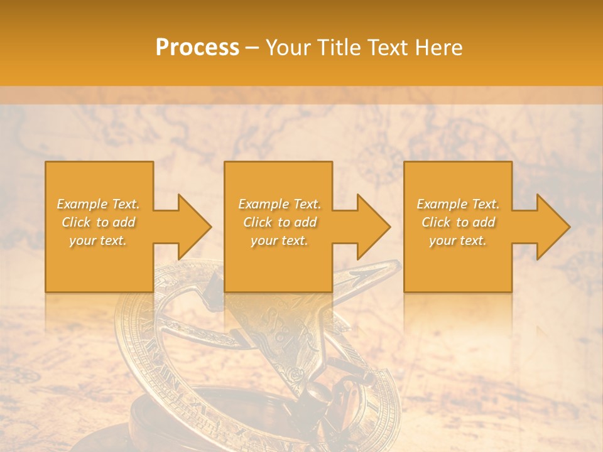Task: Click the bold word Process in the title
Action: click(x=197, y=47)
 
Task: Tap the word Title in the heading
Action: click(x=339, y=47)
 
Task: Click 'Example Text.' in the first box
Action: click(x=99, y=204)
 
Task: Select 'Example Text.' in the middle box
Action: click(x=280, y=204)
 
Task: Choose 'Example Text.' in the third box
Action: click(x=458, y=204)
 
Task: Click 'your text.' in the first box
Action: click(x=98, y=240)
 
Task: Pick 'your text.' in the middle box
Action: click(x=279, y=240)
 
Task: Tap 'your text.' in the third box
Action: click(x=457, y=240)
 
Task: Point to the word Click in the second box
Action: click(x=258, y=222)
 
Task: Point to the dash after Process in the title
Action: click(x=253, y=48)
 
